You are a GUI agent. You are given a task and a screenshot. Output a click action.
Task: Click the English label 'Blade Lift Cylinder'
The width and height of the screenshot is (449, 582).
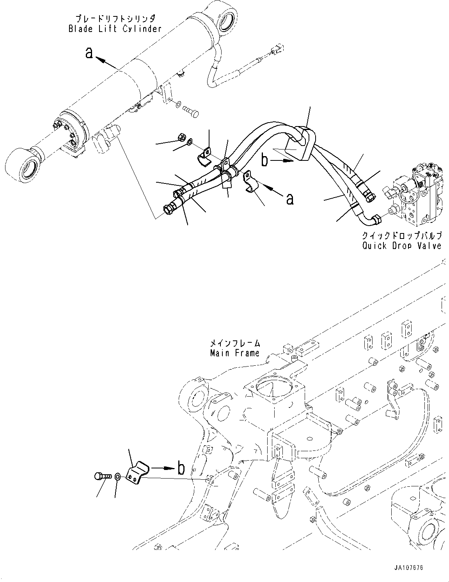pos(115,29)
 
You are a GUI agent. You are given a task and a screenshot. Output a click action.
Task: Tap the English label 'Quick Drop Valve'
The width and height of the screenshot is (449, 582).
pos(402,246)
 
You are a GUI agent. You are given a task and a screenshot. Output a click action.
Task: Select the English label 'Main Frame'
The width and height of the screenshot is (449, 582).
pos(234,353)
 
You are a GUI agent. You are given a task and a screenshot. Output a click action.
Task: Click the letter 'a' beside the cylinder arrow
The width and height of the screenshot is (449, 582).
pos(90,53)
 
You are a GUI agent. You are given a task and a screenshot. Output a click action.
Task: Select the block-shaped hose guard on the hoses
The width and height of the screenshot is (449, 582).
pos(300,144)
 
